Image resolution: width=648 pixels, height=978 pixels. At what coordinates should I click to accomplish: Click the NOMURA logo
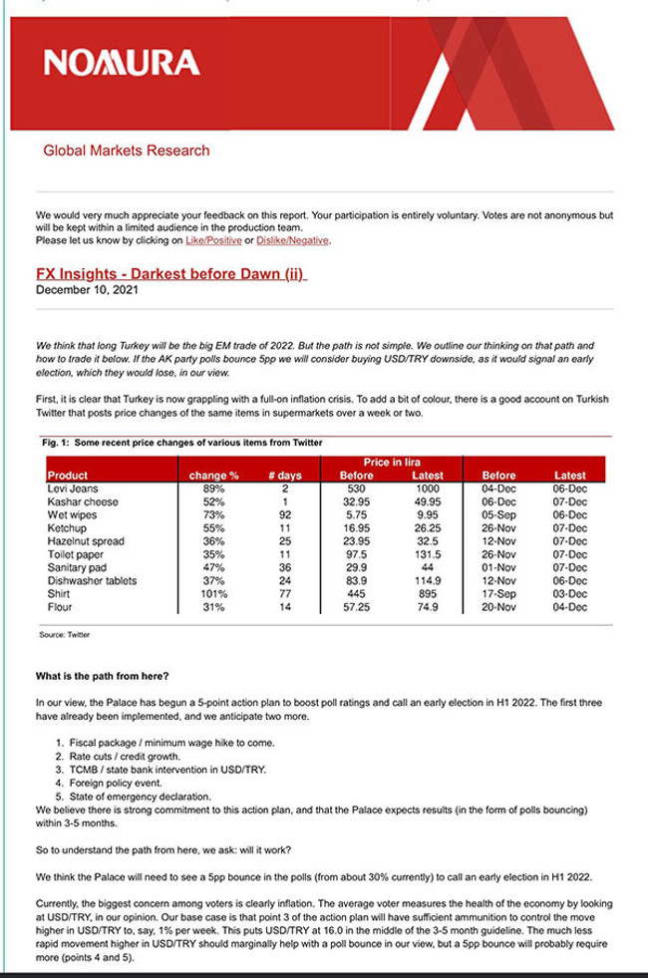tap(121, 65)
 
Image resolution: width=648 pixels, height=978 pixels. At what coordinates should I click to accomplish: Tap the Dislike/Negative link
tap(294, 240)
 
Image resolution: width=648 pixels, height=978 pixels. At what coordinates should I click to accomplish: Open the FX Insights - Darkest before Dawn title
tap(168, 274)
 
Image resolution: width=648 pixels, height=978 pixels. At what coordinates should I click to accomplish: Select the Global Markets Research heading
tap(127, 152)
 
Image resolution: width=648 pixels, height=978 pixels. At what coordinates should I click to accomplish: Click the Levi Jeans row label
tap(75, 489)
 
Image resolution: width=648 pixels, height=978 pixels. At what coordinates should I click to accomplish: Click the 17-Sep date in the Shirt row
tap(497, 592)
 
